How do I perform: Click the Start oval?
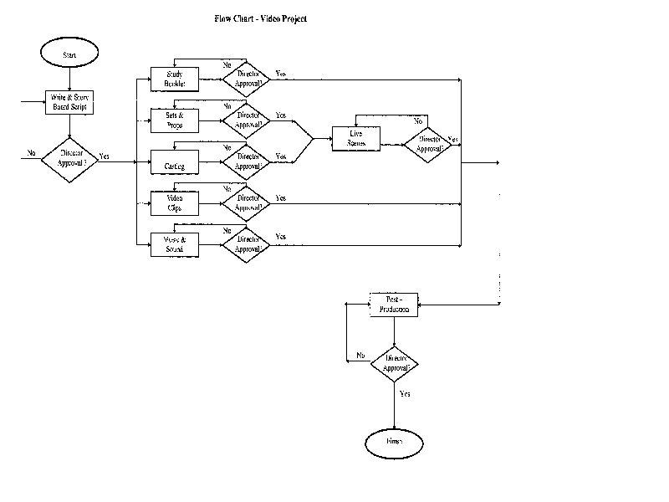pyautogui.click(x=69, y=54)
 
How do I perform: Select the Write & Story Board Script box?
pyautogui.click(x=69, y=103)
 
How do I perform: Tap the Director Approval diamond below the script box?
pyautogui.click(x=69, y=156)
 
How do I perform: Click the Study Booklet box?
pyautogui.click(x=174, y=79)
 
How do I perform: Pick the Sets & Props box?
pyautogui.click(x=174, y=120)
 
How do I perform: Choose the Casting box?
pyautogui.click(x=174, y=161)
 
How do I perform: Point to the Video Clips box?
pyautogui.click(x=174, y=202)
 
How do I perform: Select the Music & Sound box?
pyautogui.click(x=174, y=243)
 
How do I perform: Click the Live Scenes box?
pyautogui.click(x=357, y=139)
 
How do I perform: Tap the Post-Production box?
pyautogui.click(x=394, y=305)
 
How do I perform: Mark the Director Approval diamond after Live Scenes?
pyautogui.click(x=428, y=145)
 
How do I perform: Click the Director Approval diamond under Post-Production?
pyautogui.click(x=395, y=363)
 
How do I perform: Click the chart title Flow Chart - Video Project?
pyautogui.click(x=260, y=18)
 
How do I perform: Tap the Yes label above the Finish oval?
pyautogui.click(x=405, y=393)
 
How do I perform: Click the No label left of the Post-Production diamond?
pyautogui.click(x=360, y=355)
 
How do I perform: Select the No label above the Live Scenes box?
pyautogui.click(x=419, y=121)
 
